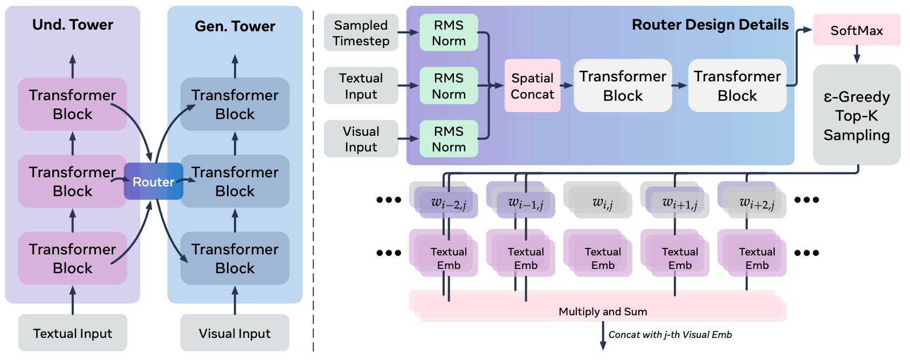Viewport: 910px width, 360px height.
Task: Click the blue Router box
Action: (153, 182)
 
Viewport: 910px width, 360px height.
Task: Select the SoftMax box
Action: (856, 30)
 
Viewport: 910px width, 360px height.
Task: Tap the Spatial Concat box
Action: (532, 86)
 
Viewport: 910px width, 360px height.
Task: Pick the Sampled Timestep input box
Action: (361, 33)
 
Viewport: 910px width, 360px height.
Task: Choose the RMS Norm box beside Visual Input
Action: (449, 139)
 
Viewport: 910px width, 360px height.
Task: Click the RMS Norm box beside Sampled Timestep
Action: (449, 33)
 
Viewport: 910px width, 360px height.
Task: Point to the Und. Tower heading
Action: (73, 25)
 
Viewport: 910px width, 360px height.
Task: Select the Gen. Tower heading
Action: (235, 26)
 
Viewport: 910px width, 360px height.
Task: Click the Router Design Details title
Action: (709, 25)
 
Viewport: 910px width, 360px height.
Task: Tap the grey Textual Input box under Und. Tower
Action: (73, 333)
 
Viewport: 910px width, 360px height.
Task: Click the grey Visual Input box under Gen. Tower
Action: (235, 333)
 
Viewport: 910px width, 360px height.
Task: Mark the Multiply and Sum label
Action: (603, 311)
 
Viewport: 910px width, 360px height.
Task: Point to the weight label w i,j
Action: (603, 203)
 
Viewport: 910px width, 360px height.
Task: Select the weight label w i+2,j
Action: (757, 203)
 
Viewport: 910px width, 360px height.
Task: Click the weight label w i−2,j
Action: (449, 203)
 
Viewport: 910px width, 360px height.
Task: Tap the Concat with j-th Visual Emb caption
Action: (670, 335)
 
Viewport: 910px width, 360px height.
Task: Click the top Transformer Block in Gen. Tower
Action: (235, 105)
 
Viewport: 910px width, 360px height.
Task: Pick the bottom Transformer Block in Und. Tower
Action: (73, 258)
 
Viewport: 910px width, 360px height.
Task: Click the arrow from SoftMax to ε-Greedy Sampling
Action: (857, 54)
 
